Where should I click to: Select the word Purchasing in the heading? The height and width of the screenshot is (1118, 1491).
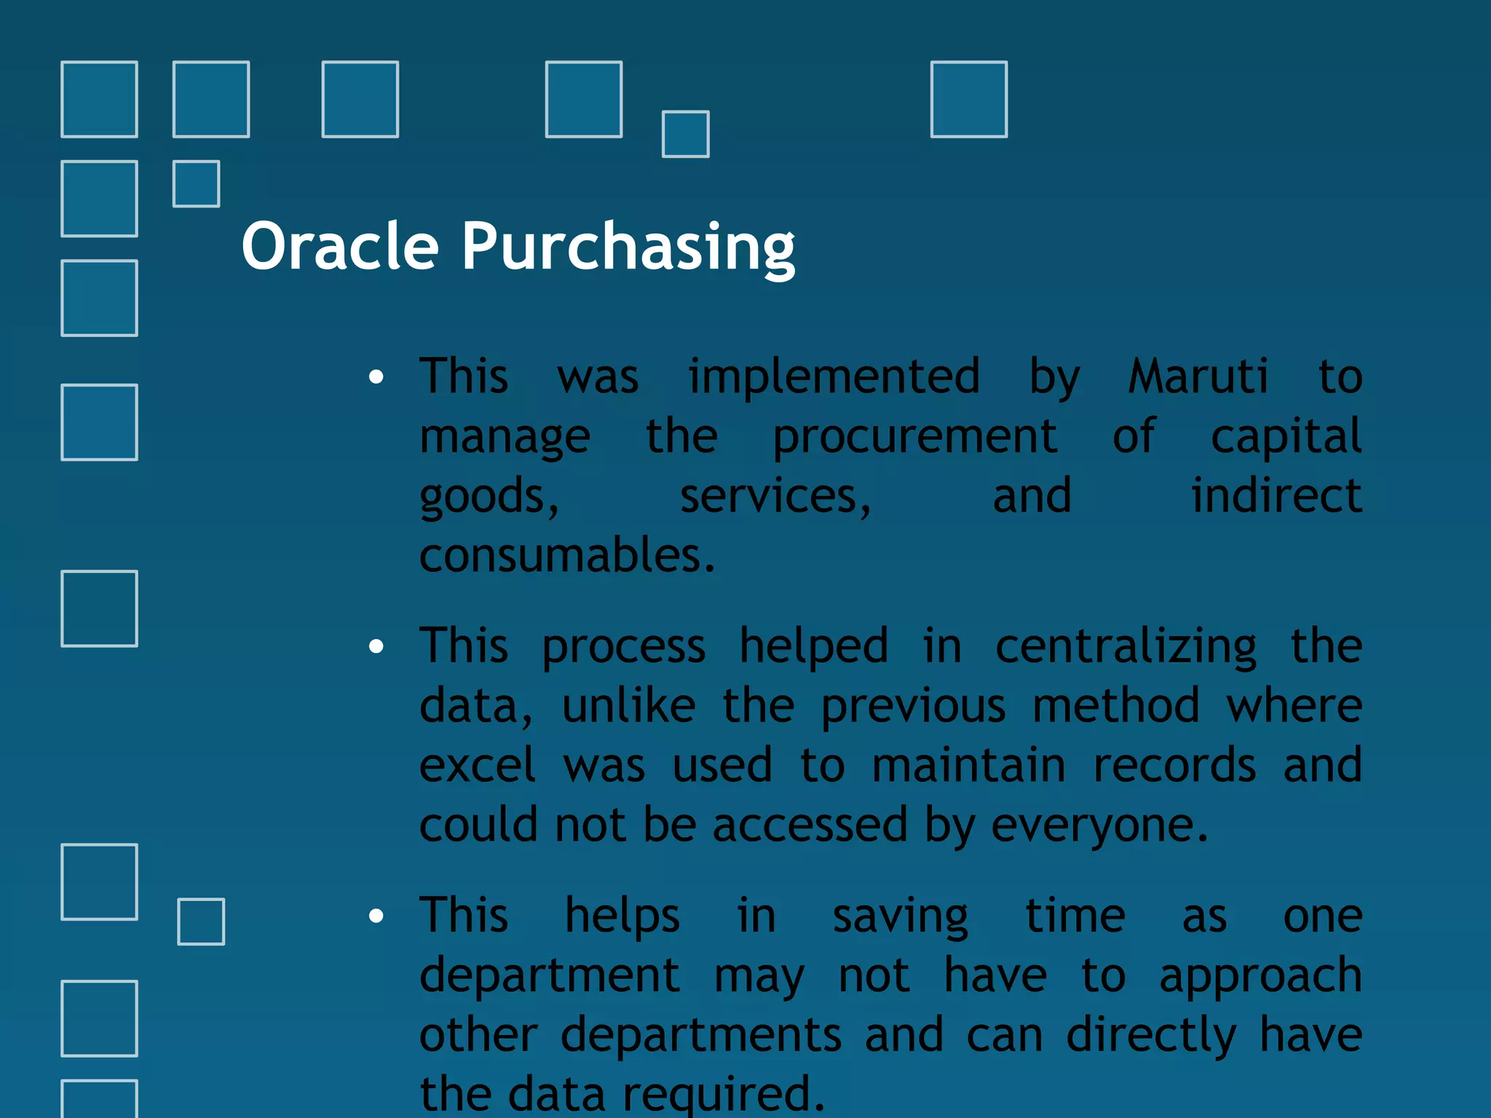(x=628, y=247)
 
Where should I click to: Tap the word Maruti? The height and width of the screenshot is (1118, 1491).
(x=1198, y=376)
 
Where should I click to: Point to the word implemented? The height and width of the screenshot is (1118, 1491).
(x=834, y=376)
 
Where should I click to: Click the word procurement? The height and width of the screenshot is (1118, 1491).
(x=914, y=437)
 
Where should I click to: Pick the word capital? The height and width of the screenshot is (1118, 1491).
(x=1286, y=437)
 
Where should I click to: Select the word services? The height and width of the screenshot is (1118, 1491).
(x=775, y=496)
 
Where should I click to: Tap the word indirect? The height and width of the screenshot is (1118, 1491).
(x=1276, y=496)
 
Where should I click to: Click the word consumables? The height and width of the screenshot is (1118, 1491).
(x=566, y=555)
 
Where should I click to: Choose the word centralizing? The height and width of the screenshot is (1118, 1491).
(x=1126, y=646)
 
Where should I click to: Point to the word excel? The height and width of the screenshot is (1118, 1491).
(x=478, y=766)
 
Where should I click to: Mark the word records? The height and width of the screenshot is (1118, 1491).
(x=1174, y=766)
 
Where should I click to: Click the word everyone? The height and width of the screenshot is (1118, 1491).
(x=1099, y=826)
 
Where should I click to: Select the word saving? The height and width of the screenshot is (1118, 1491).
(x=900, y=916)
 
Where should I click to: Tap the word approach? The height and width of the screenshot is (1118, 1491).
(x=1260, y=976)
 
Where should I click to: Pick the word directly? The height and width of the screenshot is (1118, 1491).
(x=1151, y=1036)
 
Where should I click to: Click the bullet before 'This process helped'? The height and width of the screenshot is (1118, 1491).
(x=376, y=646)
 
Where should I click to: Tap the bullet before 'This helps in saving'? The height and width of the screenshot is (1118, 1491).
(x=376, y=916)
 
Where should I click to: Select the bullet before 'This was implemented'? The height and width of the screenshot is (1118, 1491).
(x=376, y=376)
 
